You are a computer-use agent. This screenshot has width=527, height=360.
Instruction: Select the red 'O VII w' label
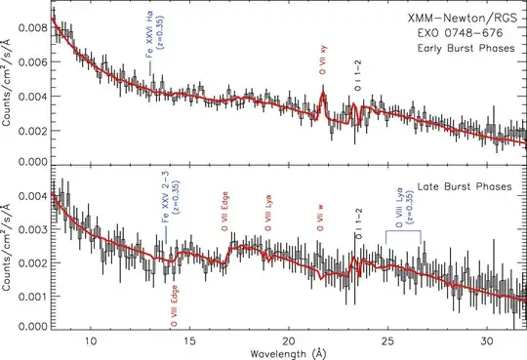322,217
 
